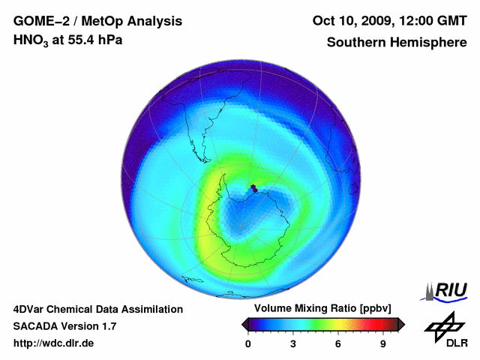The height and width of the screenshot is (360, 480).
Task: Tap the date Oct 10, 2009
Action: point(350,21)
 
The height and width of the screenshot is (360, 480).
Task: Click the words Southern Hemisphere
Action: point(397,42)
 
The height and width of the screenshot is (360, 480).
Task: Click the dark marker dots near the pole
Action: point(254,188)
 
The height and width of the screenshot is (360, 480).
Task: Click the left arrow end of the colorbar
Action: point(244,324)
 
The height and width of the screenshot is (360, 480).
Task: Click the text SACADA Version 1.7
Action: point(64,326)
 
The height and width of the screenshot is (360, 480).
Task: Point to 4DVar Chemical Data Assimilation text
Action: point(97,309)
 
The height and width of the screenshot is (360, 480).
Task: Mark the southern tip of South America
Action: point(203,159)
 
